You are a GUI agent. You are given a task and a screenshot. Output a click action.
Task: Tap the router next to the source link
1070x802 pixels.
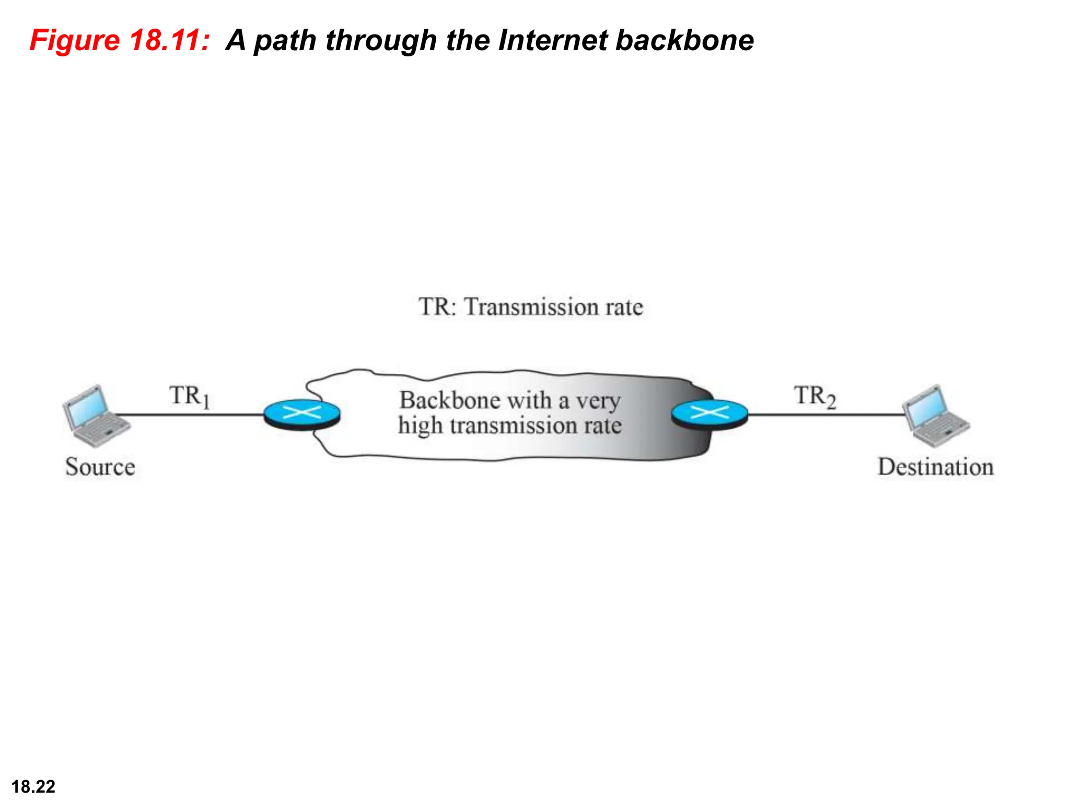(x=302, y=414)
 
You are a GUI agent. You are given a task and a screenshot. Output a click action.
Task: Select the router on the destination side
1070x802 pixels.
(x=710, y=414)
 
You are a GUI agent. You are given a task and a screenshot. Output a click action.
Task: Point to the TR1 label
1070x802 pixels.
(x=189, y=396)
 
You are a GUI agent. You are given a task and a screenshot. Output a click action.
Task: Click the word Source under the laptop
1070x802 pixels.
(x=100, y=467)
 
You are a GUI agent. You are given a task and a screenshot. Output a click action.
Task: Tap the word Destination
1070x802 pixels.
(x=935, y=467)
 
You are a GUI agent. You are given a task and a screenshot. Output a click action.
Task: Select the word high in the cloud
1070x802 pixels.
(x=420, y=426)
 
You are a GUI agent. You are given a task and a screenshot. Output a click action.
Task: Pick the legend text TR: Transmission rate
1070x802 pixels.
(x=530, y=306)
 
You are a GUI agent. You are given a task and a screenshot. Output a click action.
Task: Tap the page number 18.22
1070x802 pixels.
(x=33, y=786)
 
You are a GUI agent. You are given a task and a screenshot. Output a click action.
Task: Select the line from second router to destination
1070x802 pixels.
(x=825, y=415)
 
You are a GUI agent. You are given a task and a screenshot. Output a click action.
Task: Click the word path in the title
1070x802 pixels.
(x=285, y=40)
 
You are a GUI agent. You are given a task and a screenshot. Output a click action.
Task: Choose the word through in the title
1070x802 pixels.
(x=381, y=40)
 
